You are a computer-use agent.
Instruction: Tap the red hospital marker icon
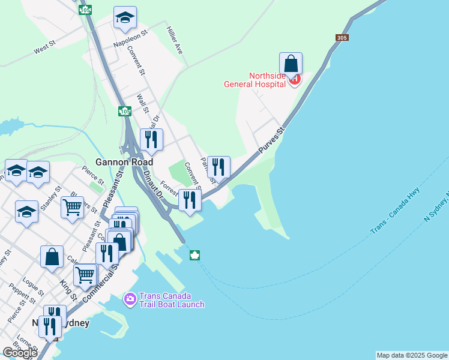[x=294, y=79]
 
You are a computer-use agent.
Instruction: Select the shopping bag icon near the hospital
[x=291, y=64]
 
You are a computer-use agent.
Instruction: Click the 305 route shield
[x=342, y=38]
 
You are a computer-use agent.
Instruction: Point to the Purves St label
[x=271, y=140]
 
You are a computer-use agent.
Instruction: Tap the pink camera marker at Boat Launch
[x=130, y=298]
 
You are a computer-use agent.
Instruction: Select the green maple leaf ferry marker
[x=194, y=256]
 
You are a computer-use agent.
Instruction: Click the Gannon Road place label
[x=124, y=162]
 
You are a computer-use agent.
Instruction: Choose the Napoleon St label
[x=130, y=40]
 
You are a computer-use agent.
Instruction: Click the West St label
[x=45, y=48]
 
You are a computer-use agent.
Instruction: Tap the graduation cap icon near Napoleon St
[x=125, y=18]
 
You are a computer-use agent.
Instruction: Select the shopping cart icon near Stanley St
[x=72, y=208]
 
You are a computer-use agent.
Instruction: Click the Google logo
[x=20, y=353]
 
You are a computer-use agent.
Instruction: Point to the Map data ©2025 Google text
[x=411, y=355]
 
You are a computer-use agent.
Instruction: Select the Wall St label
[x=142, y=103]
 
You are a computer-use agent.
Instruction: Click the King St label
[x=69, y=289]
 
